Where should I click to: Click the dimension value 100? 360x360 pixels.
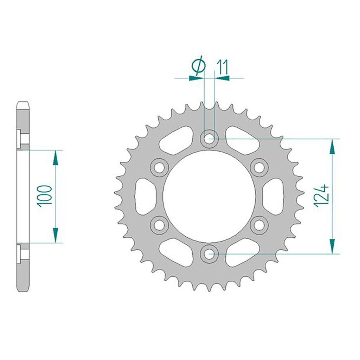coord(45,196)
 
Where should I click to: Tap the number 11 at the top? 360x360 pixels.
coord(221,67)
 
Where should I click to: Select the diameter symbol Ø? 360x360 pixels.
coord(198,66)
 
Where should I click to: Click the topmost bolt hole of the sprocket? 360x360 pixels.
coord(209,139)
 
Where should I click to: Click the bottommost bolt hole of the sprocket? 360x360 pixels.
coord(209,254)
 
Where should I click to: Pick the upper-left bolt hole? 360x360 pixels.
coord(159,168)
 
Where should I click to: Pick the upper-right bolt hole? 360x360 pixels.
coord(259,168)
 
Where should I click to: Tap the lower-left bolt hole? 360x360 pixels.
coord(159,225)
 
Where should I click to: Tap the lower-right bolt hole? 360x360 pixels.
coord(259,225)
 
